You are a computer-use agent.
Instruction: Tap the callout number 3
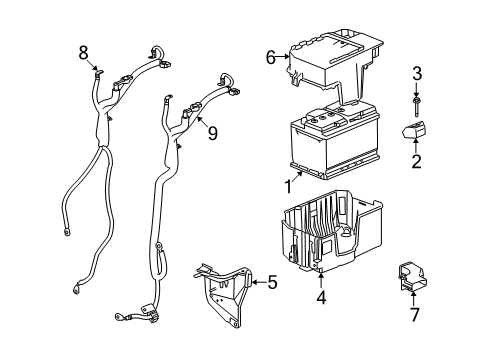[x=416, y=72]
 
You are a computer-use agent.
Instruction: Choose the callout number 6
[x=270, y=58]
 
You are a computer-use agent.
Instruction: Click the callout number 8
[x=84, y=52]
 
